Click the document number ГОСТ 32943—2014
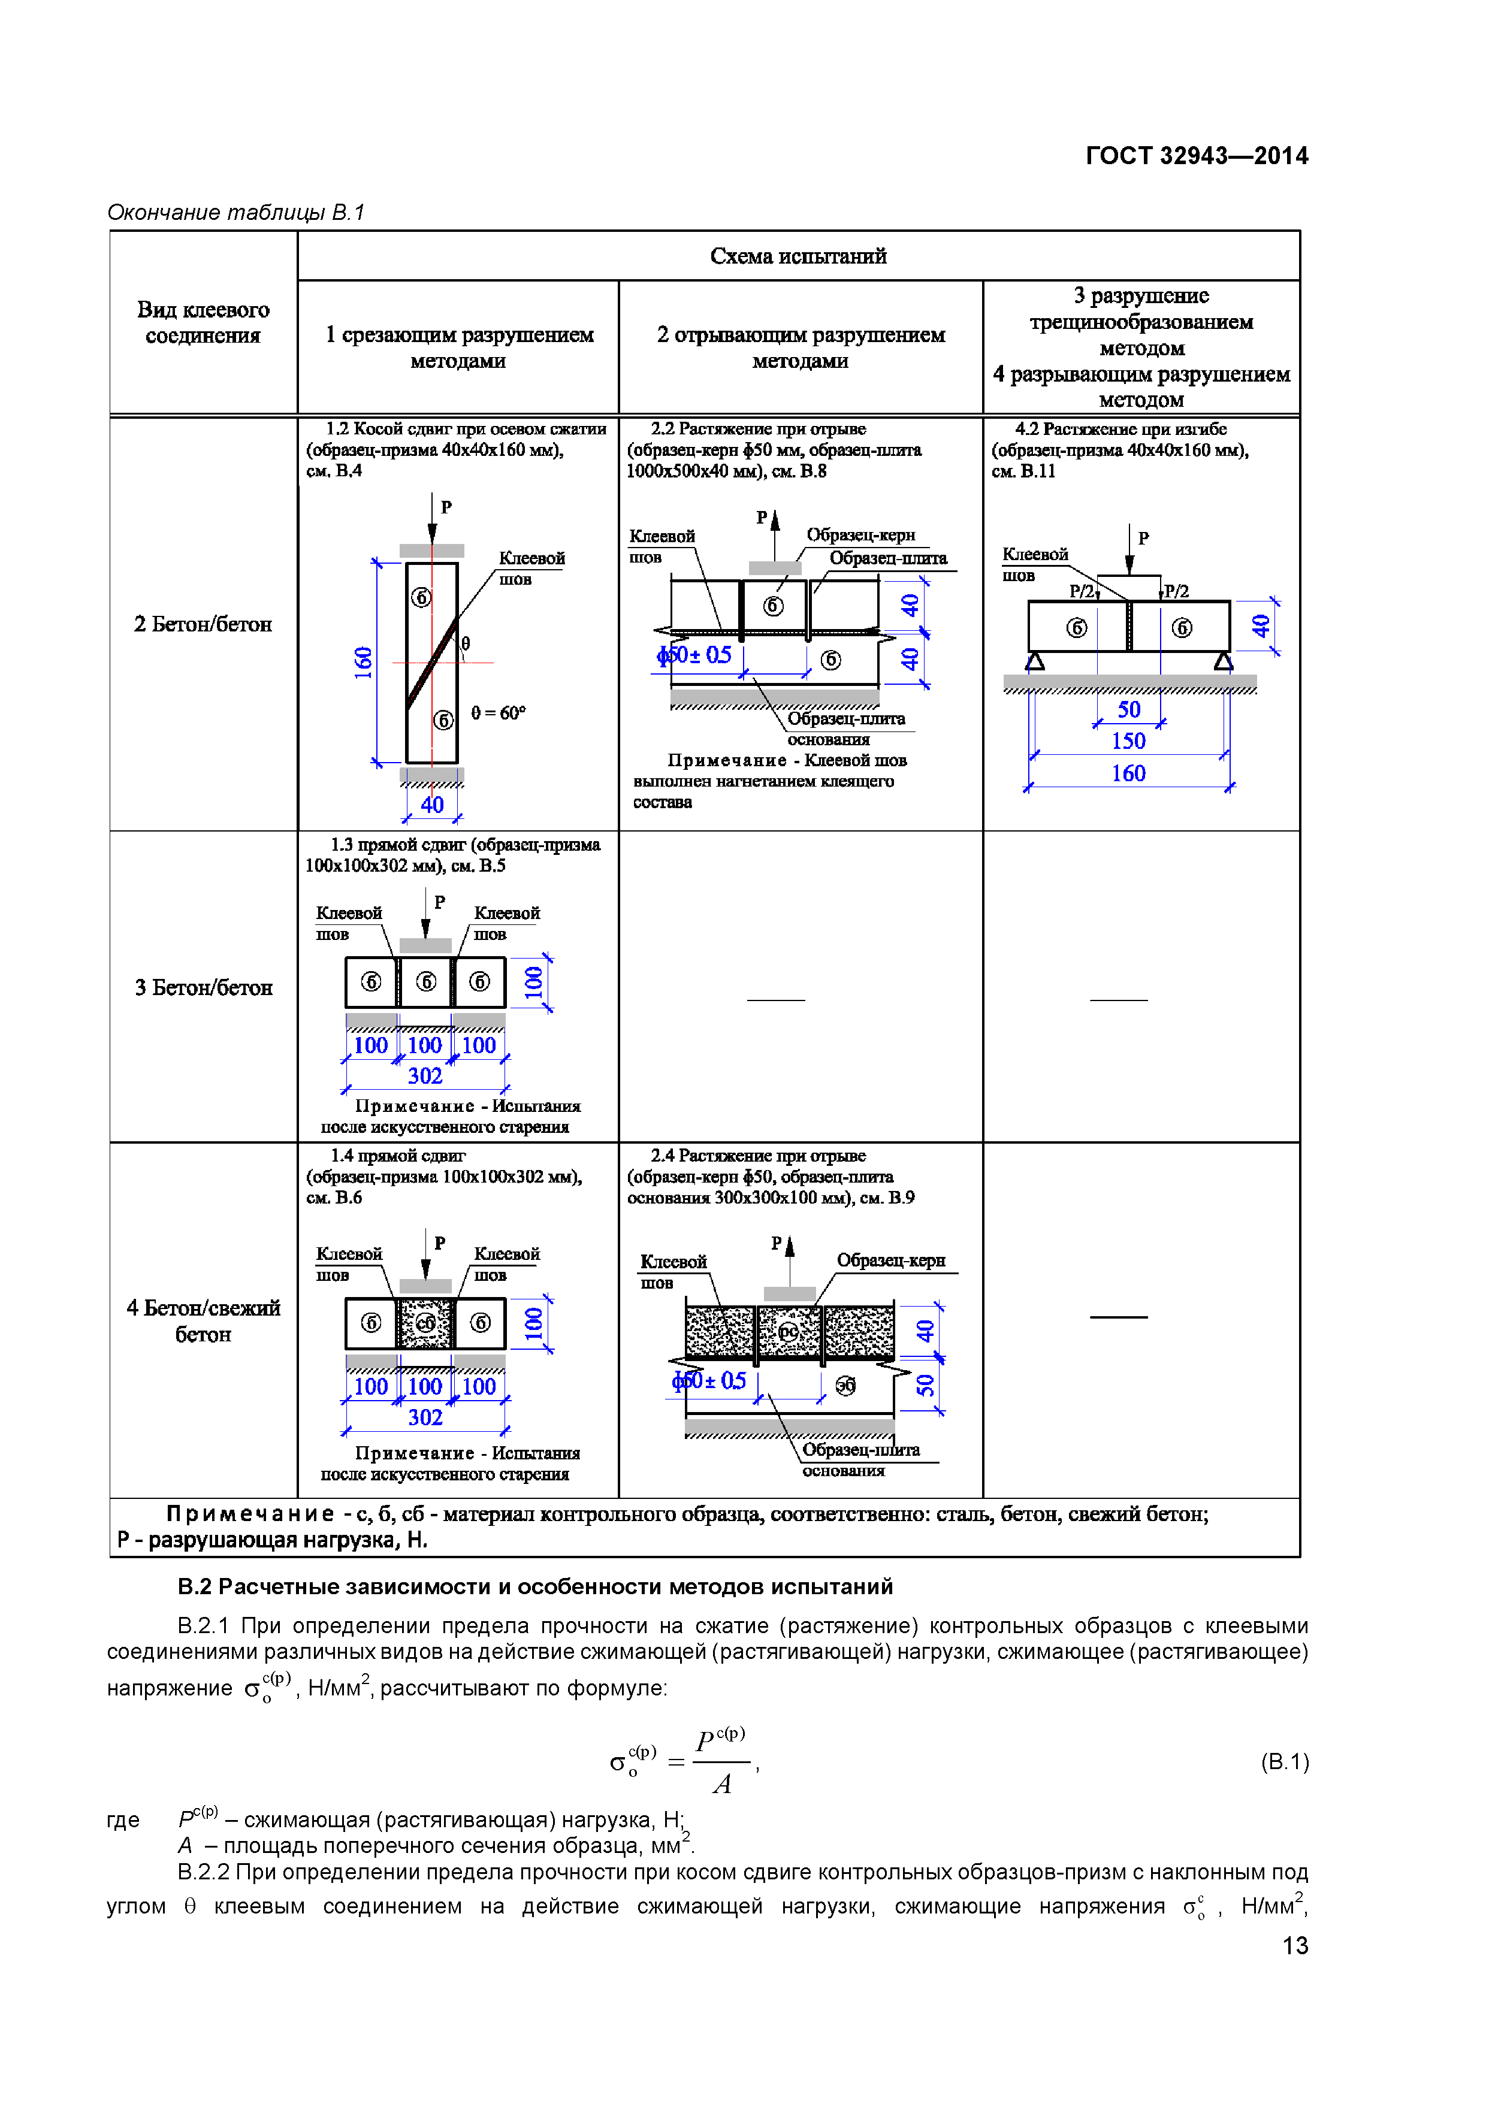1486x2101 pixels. click(x=1196, y=156)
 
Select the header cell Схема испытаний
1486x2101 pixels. click(x=798, y=256)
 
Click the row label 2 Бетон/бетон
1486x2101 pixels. click(x=203, y=624)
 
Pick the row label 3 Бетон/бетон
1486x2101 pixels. click(x=203, y=987)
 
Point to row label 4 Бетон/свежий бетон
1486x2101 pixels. click(x=203, y=1320)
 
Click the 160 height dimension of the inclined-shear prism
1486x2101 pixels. click(x=363, y=661)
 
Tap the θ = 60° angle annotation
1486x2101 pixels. click(x=499, y=713)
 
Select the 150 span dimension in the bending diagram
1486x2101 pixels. click(x=1128, y=741)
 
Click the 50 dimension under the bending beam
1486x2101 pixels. click(x=1128, y=710)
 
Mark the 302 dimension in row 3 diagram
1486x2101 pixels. click(x=425, y=1076)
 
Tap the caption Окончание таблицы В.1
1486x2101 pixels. click(x=236, y=212)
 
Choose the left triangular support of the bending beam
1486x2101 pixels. click(x=1035, y=661)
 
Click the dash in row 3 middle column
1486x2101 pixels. click(x=775, y=1000)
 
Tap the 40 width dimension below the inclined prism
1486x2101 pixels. click(x=432, y=805)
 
